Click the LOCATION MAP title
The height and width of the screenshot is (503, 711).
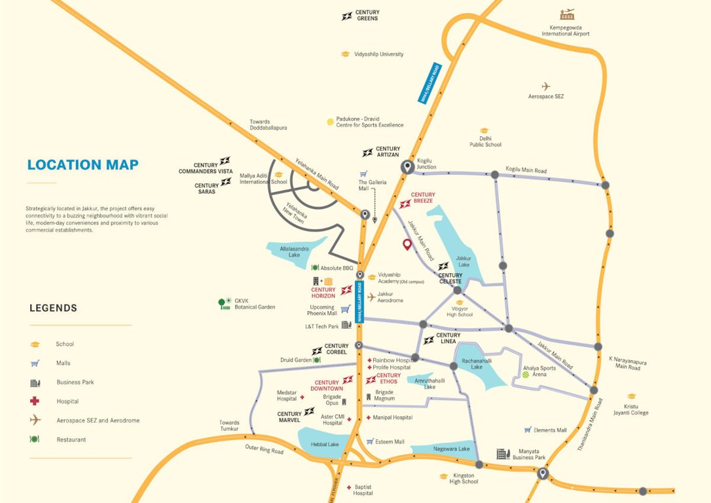pyautogui.click(x=82, y=165)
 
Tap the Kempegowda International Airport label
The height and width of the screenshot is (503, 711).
pyautogui.click(x=565, y=31)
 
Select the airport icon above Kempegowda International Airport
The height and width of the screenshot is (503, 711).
pyautogui.click(x=567, y=14)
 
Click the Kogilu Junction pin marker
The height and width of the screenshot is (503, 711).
pyautogui.click(x=407, y=167)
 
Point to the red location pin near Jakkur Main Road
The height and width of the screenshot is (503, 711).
pyautogui.click(x=407, y=245)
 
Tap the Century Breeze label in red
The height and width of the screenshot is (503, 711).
pyautogui.click(x=423, y=198)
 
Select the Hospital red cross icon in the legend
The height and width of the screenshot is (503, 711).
pyautogui.click(x=35, y=401)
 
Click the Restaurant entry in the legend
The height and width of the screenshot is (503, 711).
pyautogui.click(x=71, y=439)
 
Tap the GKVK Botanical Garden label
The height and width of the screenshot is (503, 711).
pyautogui.click(x=255, y=304)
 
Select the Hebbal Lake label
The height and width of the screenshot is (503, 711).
pyautogui.click(x=325, y=445)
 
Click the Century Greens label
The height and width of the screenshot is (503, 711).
pyautogui.click(x=367, y=16)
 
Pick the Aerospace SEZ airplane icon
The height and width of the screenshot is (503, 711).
pyautogui.click(x=545, y=86)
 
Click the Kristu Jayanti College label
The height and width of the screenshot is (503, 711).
pyautogui.click(x=631, y=409)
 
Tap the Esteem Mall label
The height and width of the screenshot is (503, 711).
pyautogui.click(x=390, y=441)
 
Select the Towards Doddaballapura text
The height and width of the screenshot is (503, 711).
pyautogui.click(x=268, y=125)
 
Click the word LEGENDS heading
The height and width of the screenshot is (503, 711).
pyautogui.click(x=53, y=308)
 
